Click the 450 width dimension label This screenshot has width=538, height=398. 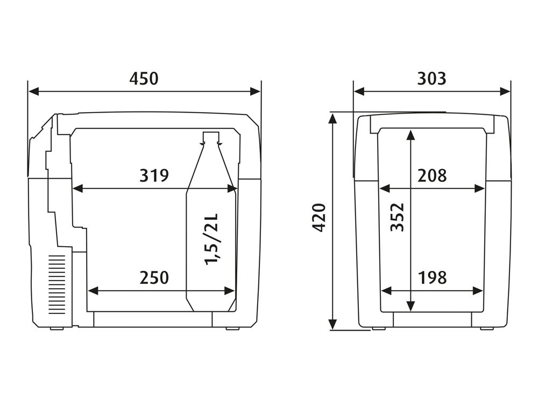click(144, 79)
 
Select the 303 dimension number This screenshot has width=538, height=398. click(431, 79)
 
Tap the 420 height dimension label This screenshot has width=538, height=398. click(319, 218)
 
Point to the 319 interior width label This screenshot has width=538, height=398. click(154, 175)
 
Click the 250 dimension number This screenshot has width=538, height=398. click(154, 278)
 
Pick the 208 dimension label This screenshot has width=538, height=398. click(432, 175)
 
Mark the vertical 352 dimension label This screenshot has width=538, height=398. click(398, 218)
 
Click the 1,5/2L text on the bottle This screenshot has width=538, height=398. click(211, 239)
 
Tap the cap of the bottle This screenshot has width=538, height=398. click(211, 137)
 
